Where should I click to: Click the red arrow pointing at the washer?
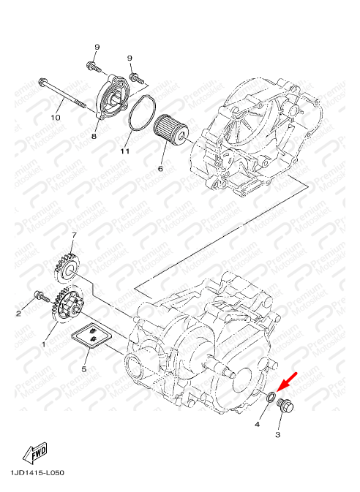(x=287, y=382)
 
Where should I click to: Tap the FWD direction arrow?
(x=36, y=453)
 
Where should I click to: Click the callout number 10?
(x=56, y=118)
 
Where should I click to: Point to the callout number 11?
(x=124, y=151)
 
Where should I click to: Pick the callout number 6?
(x=160, y=169)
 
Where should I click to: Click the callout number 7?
(x=74, y=235)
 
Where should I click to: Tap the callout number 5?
(x=84, y=369)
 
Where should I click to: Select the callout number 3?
(x=277, y=434)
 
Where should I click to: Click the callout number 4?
(x=257, y=424)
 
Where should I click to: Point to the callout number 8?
(x=94, y=136)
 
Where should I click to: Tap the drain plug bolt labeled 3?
(x=285, y=406)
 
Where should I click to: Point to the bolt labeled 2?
(x=41, y=296)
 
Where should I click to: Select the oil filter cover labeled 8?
(x=113, y=96)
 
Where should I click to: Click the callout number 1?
(x=44, y=344)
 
